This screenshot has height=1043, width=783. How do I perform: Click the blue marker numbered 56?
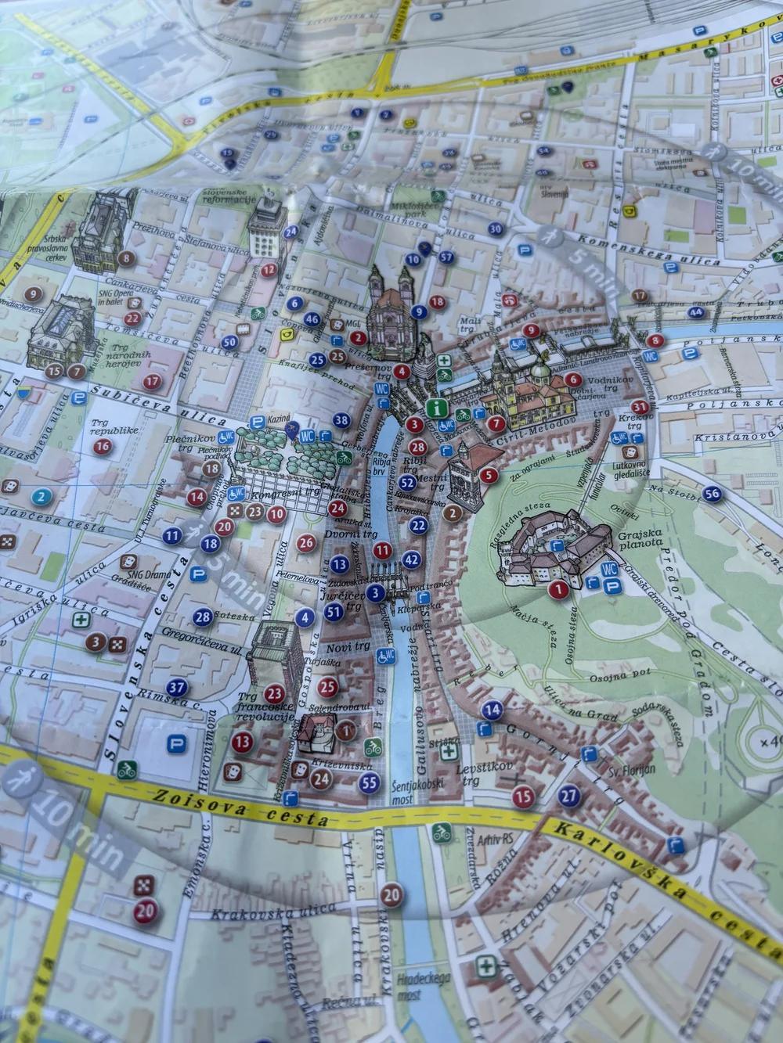click(712, 493)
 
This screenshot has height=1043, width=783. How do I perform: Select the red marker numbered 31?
click(640, 406)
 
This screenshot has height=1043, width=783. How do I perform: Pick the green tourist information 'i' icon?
click(436, 408)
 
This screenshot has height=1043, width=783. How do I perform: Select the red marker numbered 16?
click(102, 448)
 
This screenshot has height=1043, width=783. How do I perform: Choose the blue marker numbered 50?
click(229, 341)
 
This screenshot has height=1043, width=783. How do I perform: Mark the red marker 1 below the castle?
click(558, 589)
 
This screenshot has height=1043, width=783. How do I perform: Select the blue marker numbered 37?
click(178, 689)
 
